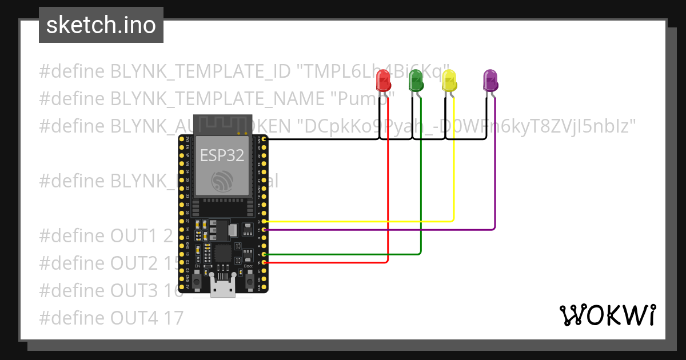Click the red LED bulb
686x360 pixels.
click(x=383, y=81)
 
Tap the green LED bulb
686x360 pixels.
click(x=416, y=80)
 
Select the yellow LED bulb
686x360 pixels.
click(x=449, y=80)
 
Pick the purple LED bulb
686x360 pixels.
click(x=490, y=80)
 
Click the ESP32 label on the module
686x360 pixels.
click(x=221, y=154)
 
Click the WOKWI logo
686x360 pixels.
click(x=607, y=315)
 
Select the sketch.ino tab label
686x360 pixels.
click(x=101, y=25)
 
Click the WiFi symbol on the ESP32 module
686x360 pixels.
click(x=221, y=181)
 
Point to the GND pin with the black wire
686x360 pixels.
click(x=263, y=139)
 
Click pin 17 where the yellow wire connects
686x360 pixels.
click(x=263, y=221)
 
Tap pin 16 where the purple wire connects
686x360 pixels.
click(x=263, y=230)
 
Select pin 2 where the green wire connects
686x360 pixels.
click(x=263, y=254)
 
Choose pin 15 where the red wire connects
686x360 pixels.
click(x=263, y=262)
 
